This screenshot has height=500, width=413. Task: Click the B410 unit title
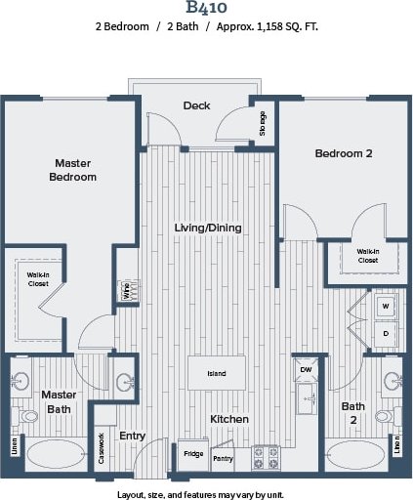point(207,11)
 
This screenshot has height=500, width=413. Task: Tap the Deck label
point(196,105)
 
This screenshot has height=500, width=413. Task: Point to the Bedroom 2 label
point(344,153)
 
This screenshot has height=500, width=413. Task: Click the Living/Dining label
point(207,228)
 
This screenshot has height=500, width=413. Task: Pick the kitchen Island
point(217,374)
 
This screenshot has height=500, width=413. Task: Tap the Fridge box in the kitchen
point(191,454)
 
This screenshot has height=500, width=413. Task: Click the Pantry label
point(223,457)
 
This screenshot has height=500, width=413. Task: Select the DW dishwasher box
point(306,369)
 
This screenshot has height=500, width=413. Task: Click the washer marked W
point(385,306)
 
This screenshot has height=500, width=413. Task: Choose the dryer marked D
point(385,333)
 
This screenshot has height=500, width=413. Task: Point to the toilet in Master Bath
point(27,417)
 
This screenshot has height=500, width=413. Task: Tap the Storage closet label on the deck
point(263,123)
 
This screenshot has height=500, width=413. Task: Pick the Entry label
point(132,436)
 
